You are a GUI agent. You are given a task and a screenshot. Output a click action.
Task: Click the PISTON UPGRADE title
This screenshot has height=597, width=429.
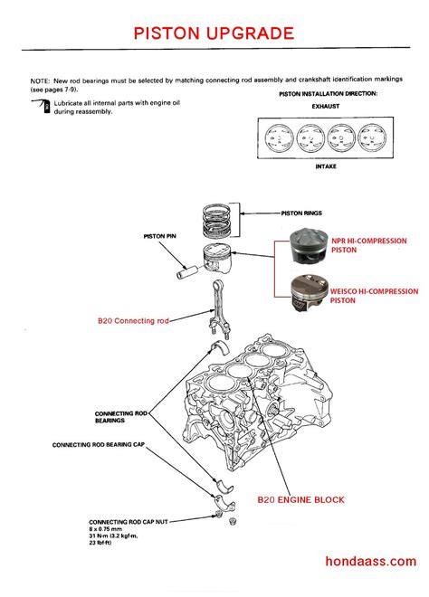tap(214, 33)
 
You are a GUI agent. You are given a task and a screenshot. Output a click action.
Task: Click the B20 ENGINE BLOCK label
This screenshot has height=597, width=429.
tap(300, 498)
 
